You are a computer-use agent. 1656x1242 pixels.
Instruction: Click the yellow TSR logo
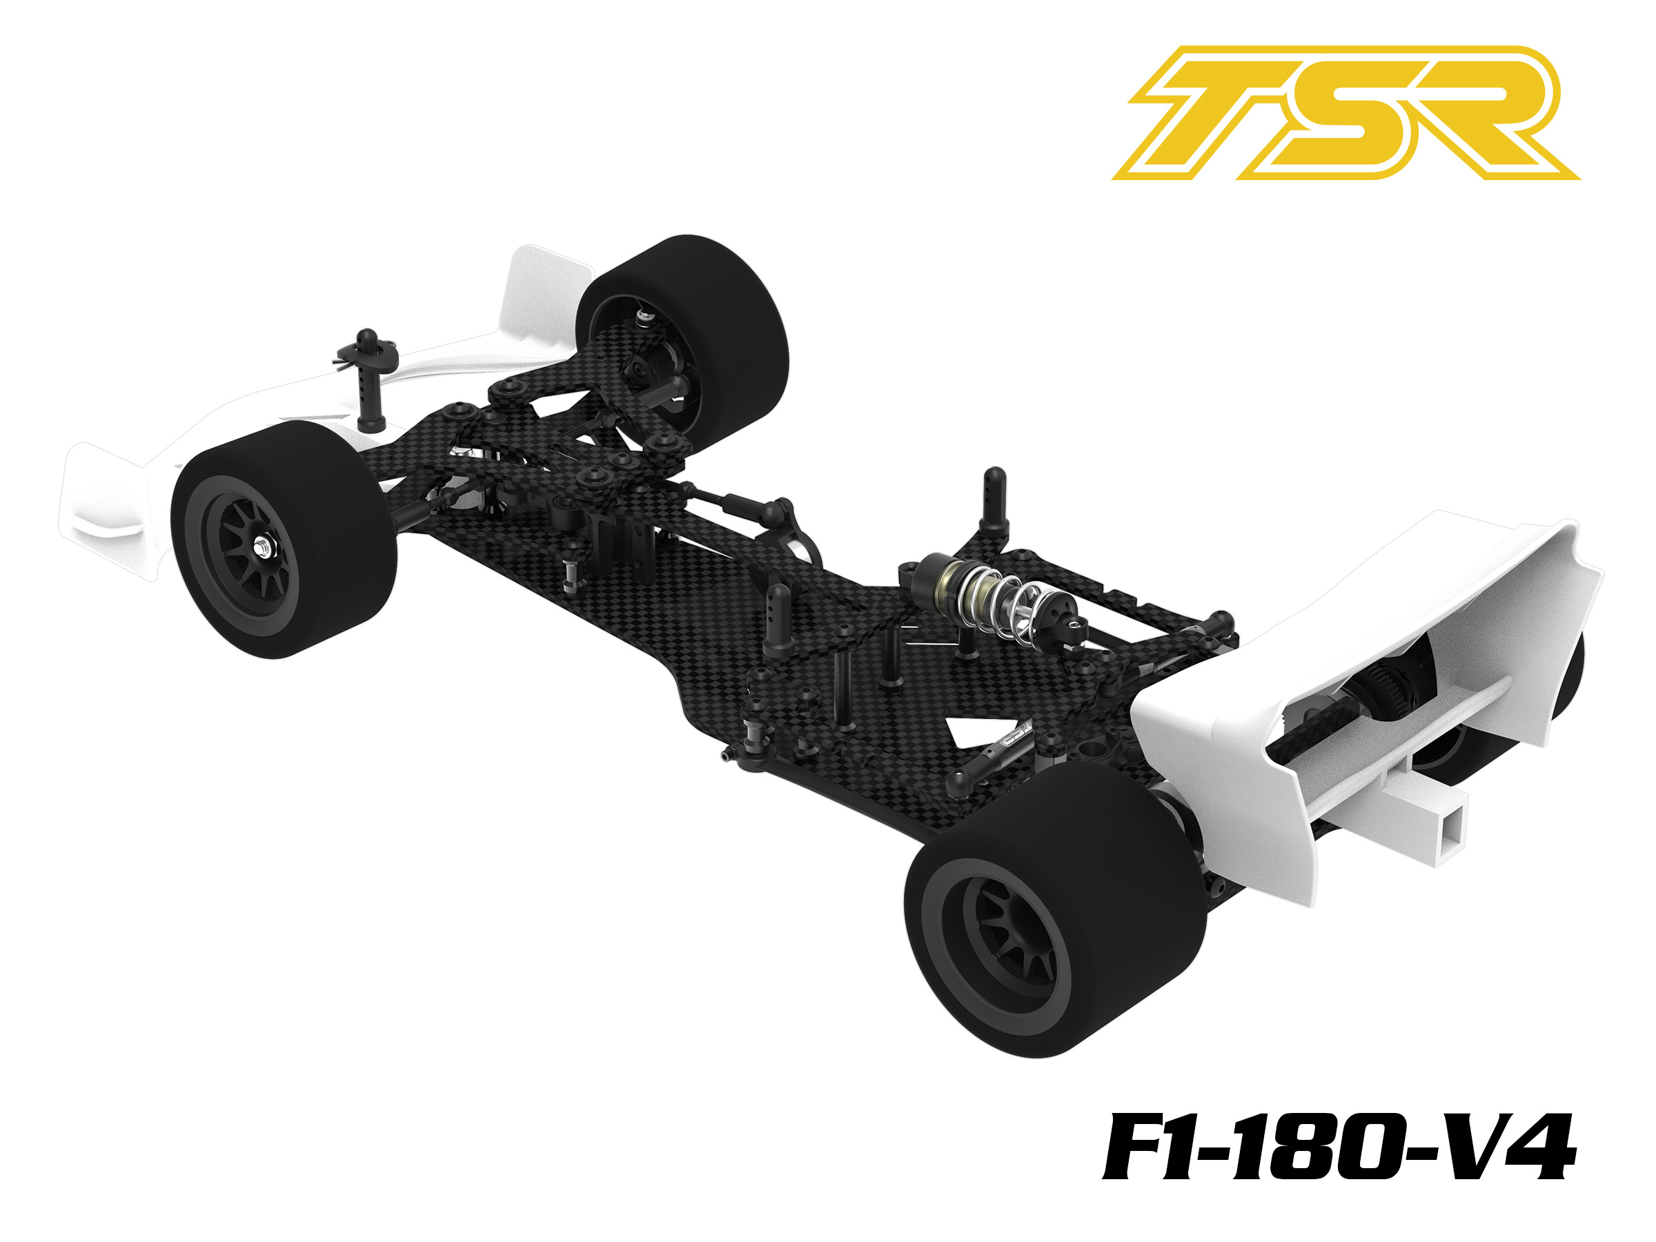click(x=1345, y=113)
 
